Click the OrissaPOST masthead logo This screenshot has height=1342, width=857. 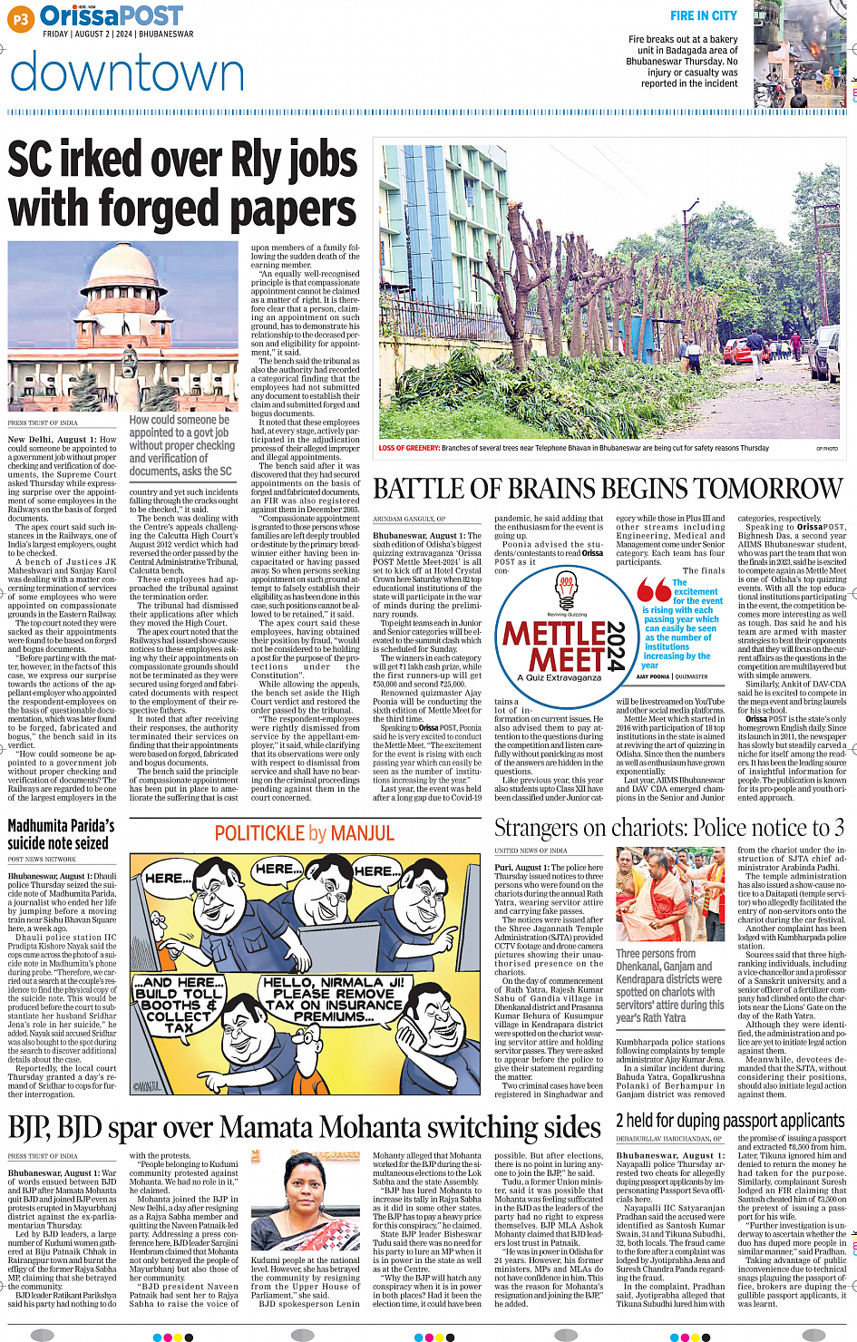click(112, 15)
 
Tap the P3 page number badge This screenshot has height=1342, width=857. click(21, 18)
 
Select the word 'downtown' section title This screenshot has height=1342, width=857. click(127, 74)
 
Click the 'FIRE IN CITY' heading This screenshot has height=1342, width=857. click(703, 15)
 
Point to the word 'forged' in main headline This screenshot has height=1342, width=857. click(186, 209)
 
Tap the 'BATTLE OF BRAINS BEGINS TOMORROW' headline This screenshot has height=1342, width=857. click(609, 490)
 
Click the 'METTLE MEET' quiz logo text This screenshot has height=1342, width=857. click(555, 644)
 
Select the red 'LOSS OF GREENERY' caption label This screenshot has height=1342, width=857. click(409, 448)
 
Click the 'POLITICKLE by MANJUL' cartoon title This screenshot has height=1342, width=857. click(304, 834)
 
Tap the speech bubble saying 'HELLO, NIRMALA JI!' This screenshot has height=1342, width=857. click(333, 999)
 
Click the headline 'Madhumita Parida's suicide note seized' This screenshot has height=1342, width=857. click(61, 834)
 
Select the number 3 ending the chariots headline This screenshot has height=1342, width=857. click(839, 828)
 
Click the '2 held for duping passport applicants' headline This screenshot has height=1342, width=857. click(730, 1122)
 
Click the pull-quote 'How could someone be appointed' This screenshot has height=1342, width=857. click(181, 445)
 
